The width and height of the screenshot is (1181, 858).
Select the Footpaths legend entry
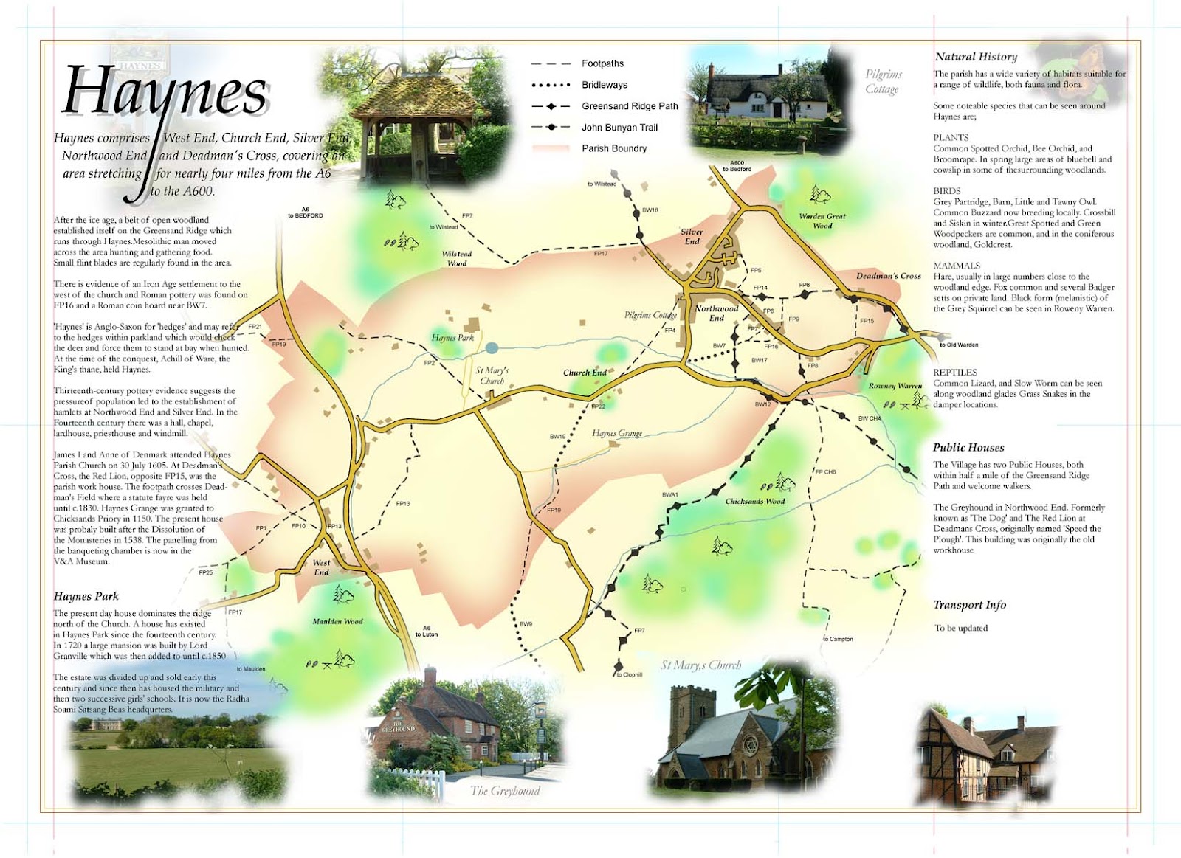click(x=602, y=63)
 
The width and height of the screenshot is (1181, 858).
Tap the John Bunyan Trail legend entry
click(x=619, y=128)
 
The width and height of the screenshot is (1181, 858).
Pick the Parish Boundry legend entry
click(x=613, y=148)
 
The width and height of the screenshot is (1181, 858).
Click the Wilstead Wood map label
click(x=457, y=258)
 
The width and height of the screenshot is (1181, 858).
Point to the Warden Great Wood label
click(x=822, y=221)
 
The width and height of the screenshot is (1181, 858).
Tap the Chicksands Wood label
click(x=754, y=501)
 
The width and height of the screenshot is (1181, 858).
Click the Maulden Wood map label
click(x=337, y=621)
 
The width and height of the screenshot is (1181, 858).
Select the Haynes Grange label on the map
click(x=617, y=433)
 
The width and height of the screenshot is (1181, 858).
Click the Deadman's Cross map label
click(x=889, y=276)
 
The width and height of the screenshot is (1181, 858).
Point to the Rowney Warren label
click(x=895, y=386)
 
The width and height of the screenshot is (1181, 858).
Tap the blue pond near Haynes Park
click(x=492, y=347)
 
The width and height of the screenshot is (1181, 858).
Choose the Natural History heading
click(x=976, y=57)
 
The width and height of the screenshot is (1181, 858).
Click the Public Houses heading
click(x=968, y=448)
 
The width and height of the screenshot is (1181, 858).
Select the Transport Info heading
click(x=969, y=605)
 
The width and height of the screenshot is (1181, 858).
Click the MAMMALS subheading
click(x=957, y=266)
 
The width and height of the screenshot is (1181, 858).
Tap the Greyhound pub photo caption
click(x=505, y=791)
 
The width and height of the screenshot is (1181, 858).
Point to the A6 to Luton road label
click(x=427, y=632)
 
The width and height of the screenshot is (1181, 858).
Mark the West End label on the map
click(x=321, y=567)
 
